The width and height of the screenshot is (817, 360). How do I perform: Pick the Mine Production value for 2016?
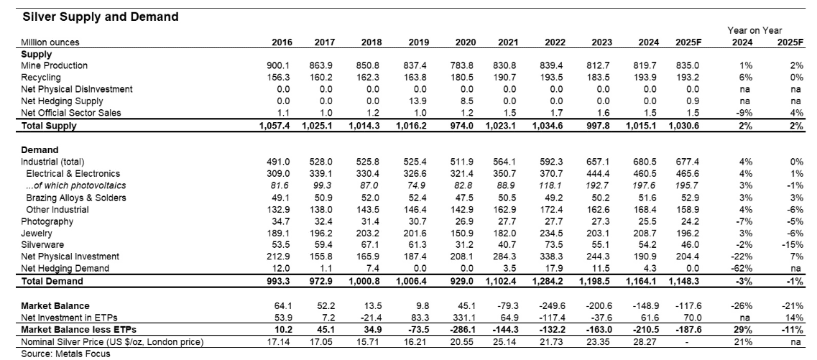pos(279,65)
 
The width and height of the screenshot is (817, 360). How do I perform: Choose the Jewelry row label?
pos(36,233)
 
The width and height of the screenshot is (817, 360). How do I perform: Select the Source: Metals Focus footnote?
pos(58,354)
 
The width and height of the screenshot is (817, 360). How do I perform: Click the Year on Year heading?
pos(754,30)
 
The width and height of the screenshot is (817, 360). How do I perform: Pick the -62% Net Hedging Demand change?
pos(735,269)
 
